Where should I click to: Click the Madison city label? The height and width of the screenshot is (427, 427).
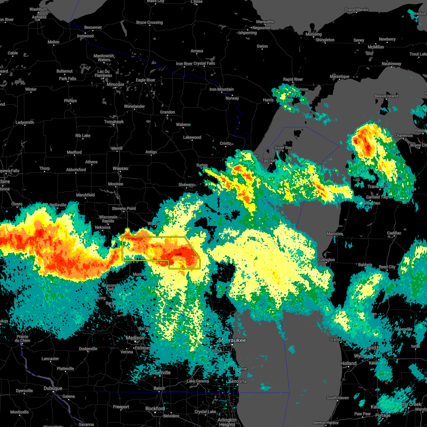coord(135,338)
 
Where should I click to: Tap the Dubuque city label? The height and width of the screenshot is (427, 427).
coord(53,388)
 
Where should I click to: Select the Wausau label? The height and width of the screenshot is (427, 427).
coord(120,168)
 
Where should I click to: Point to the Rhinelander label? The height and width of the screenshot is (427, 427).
coord(135,106)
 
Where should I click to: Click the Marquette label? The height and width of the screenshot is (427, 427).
coord(265,22)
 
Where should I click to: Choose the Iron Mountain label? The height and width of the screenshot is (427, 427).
coord(221,89)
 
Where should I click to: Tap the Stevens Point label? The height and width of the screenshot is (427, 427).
coord(124,209)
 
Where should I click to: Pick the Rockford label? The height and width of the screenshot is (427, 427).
coord(155,408)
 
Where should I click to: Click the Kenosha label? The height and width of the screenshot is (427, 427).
coord(237,381)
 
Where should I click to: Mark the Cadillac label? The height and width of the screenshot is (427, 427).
coord(394,233)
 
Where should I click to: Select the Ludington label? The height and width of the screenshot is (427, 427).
coord(326,260)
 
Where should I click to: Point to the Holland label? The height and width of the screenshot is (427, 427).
coord(348,363)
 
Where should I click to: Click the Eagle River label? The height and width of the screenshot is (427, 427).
coord(146,80)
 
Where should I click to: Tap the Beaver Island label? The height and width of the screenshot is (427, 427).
coord(386,96)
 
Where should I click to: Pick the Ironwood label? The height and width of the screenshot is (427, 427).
coord(85,36)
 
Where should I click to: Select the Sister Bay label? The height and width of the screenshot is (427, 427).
coord(283,148)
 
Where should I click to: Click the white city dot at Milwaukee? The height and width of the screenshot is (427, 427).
coord(232,344)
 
